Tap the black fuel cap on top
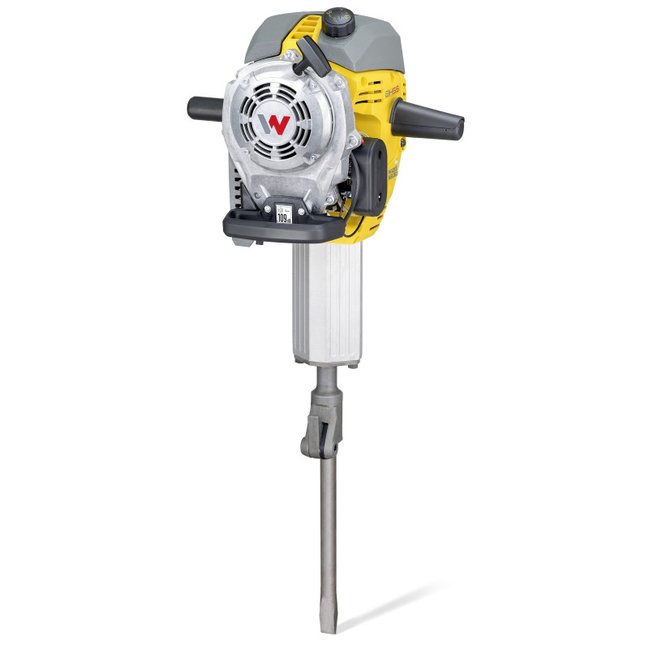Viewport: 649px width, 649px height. click(x=336, y=18)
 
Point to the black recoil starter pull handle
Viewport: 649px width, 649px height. click(x=308, y=58)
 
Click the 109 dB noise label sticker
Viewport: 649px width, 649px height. click(x=284, y=215)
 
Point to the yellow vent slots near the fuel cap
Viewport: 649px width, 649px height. click(x=369, y=61)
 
